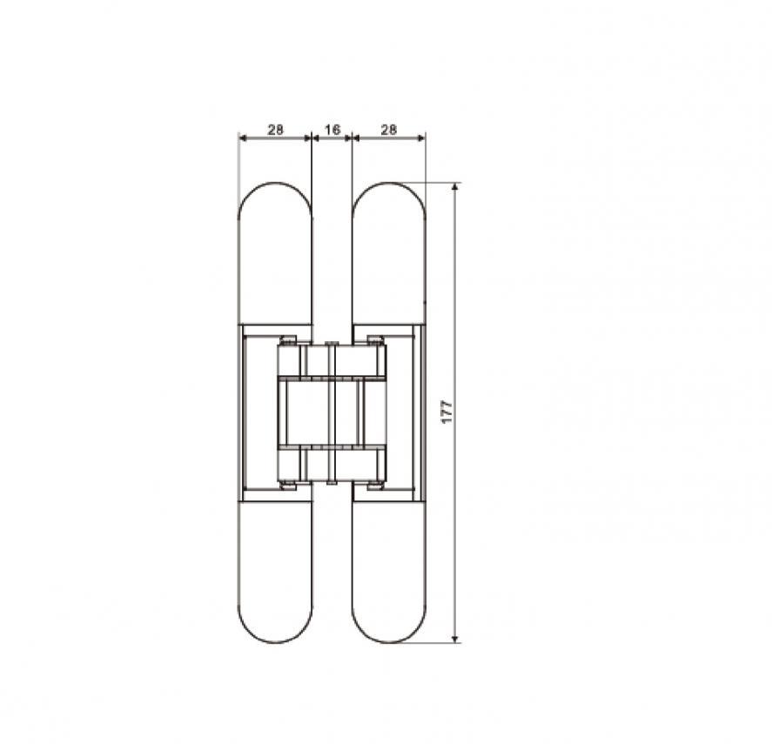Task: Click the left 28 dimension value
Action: pos(276,130)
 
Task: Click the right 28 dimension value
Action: pos(389,130)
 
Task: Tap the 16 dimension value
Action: pos(332,130)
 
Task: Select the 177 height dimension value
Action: pos(446,412)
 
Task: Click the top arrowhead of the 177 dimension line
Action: pos(455,186)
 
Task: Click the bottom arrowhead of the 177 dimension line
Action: pos(455,639)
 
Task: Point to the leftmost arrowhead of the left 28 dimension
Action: pos(242,138)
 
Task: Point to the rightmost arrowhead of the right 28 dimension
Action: pos(421,138)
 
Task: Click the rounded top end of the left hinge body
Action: pos(275,183)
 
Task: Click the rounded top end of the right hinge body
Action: pos(389,183)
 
